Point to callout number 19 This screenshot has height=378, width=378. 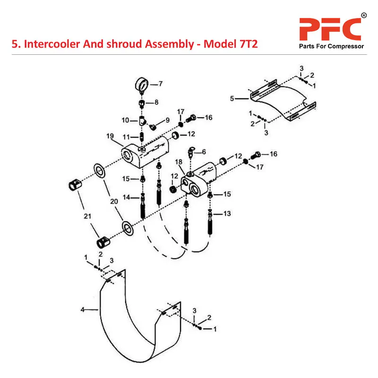click(110, 137)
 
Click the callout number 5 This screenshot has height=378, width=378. click(232, 99)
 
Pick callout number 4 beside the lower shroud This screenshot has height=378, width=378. click(83, 310)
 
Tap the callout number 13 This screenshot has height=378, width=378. click(227, 214)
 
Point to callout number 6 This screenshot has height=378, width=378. click(204, 152)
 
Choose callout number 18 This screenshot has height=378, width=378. click(179, 162)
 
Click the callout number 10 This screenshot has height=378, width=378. click(126, 120)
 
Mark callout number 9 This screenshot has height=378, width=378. click(167, 120)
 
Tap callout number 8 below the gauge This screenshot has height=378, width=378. click(157, 102)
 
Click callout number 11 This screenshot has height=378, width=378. click(127, 137)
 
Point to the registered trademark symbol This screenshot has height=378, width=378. click(363, 16)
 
